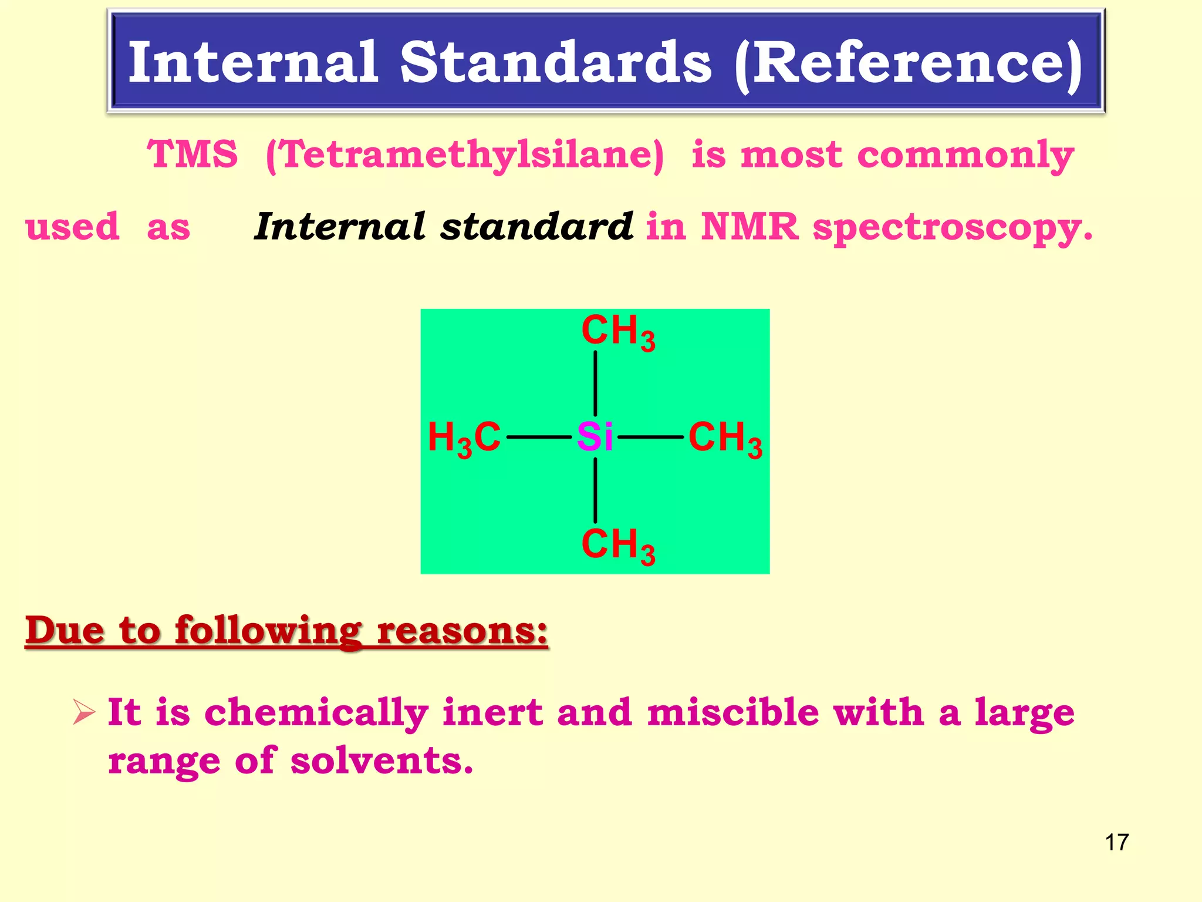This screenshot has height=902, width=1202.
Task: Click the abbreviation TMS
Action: [x=193, y=154]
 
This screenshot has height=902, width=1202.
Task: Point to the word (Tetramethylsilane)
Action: [x=464, y=156]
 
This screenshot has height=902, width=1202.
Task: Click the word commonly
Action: [x=965, y=156]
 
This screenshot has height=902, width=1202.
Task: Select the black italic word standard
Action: [x=536, y=227]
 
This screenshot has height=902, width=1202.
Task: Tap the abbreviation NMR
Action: [x=749, y=227]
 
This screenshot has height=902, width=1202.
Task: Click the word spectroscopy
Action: [x=951, y=228]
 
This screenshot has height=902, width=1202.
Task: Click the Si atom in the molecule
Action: [x=595, y=437]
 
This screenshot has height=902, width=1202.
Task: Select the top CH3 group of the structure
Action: [x=618, y=332]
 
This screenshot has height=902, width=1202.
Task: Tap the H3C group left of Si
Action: [x=464, y=439]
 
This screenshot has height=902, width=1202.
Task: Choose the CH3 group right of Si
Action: [x=725, y=439]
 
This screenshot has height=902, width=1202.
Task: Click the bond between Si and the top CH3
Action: [x=595, y=383]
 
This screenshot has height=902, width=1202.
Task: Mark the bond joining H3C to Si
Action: [x=539, y=437]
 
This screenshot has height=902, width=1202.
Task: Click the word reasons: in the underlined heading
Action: [x=462, y=631]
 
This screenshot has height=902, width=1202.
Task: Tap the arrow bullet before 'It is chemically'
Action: [x=84, y=712]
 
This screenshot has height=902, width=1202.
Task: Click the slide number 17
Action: [x=1116, y=842]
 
